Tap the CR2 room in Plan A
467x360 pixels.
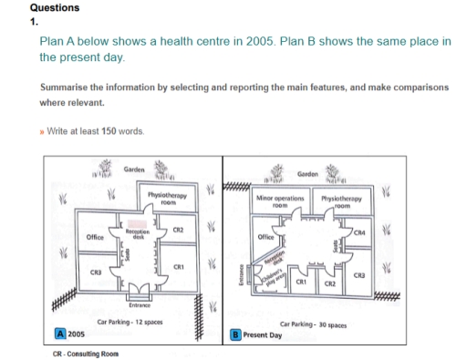tap(181, 232)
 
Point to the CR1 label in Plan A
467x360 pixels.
tap(181, 265)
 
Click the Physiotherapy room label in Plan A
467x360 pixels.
tap(156, 199)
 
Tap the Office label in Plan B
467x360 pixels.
tap(268, 235)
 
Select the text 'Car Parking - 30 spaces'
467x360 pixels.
tap(313, 324)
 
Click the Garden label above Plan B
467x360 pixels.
tap(308, 173)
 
